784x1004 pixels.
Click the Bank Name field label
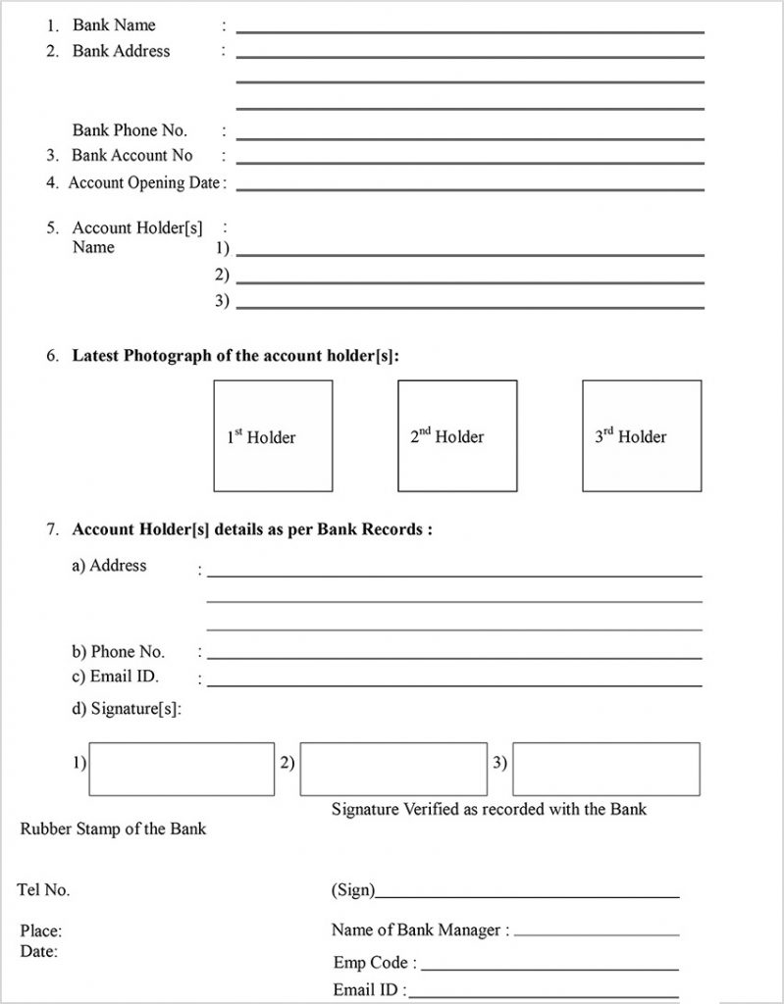[x=114, y=25]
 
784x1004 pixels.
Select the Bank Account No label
[x=131, y=156]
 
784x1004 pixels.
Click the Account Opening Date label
[x=143, y=182]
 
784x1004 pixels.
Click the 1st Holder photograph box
[x=273, y=435]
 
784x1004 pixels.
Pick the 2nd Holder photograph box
[x=457, y=435]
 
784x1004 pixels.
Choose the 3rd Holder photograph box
[x=642, y=435]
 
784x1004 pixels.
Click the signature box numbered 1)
[x=182, y=769]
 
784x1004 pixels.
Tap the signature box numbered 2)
[x=392, y=769]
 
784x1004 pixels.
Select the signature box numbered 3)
[x=605, y=769]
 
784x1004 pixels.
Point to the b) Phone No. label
[x=118, y=652]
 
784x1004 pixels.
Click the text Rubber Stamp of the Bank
[x=113, y=829]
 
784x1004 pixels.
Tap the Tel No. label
[x=43, y=890]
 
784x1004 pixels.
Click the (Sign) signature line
[x=527, y=896]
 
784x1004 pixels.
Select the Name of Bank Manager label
[x=420, y=929]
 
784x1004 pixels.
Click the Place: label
[x=41, y=931]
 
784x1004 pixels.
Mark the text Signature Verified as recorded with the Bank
[x=489, y=810]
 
